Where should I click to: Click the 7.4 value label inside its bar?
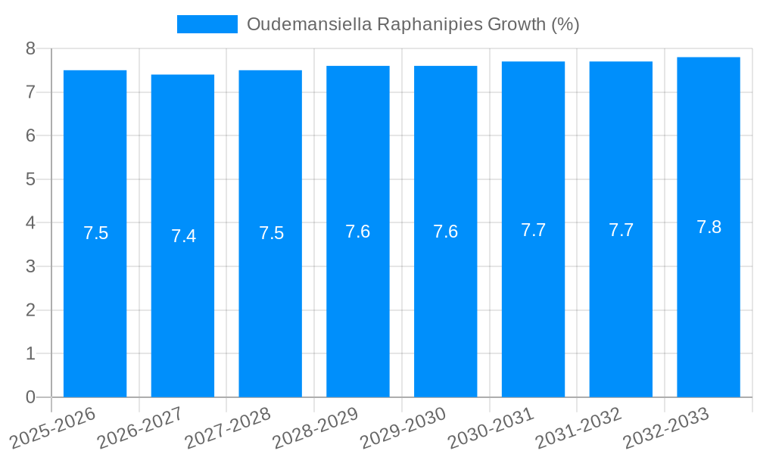[x=183, y=236]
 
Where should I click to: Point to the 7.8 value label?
[x=709, y=227]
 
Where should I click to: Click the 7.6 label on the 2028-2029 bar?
[x=357, y=232]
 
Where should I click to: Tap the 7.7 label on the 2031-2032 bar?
[x=621, y=231]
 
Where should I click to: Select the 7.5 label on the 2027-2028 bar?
[x=271, y=233]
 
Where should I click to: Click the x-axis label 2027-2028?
[x=227, y=428]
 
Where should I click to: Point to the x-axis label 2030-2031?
[x=491, y=428]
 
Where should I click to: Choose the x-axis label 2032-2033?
[x=666, y=428]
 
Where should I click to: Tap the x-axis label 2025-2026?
[x=53, y=428]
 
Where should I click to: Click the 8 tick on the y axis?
[x=30, y=49]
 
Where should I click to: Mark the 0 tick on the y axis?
[x=30, y=397]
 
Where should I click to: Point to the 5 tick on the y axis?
[x=30, y=180]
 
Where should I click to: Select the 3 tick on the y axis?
[x=30, y=267]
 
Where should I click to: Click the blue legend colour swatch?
[x=207, y=24]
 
